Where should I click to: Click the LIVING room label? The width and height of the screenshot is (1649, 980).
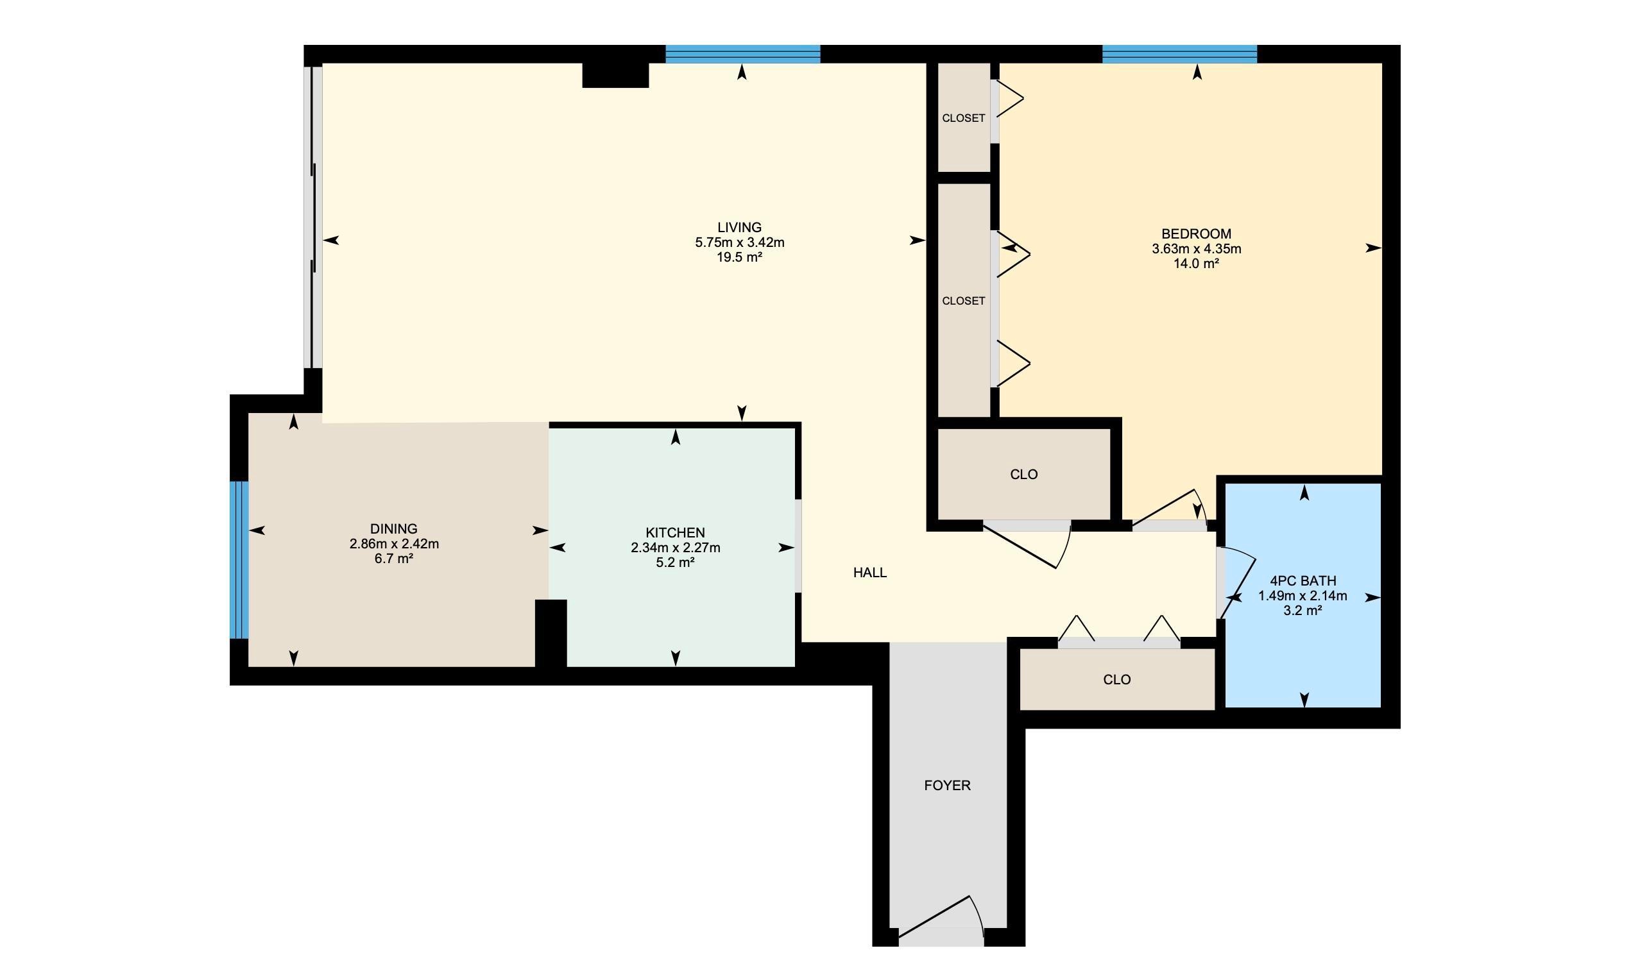tap(739, 228)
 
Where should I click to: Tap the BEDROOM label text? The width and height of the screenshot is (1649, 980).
tap(1196, 233)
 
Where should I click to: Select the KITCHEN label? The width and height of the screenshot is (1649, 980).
tap(675, 532)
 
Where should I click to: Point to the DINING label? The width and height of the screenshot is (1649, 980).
tap(394, 529)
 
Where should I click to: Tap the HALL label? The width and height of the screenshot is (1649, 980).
tap(870, 573)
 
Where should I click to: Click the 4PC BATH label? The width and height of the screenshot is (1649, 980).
tap(1303, 581)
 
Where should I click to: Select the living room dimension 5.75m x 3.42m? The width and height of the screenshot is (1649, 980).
tap(739, 242)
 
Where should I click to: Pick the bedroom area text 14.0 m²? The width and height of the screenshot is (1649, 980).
tap(1196, 264)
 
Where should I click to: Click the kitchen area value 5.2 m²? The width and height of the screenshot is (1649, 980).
tap(675, 562)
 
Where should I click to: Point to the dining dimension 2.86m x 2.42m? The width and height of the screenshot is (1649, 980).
tap(394, 544)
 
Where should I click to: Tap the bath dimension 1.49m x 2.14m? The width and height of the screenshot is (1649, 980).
tap(1303, 596)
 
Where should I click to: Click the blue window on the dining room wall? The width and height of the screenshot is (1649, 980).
tap(239, 560)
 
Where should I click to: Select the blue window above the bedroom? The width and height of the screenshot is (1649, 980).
tap(1179, 54)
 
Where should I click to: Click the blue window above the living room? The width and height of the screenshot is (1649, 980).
tap(742, 54)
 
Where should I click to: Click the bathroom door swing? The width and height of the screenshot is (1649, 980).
tap(1237, 584)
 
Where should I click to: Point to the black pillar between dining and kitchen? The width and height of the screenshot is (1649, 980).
tap(551, 632)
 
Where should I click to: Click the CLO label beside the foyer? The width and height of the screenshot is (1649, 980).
tap(1116, 680)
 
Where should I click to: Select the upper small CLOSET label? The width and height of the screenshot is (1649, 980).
tap(963, 118)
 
